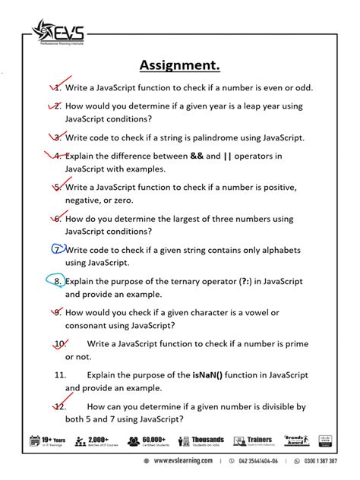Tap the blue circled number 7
[x=57, y=250]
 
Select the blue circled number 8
[x=57, y=281]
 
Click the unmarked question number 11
[x=60, y=375]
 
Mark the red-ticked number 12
[x=59, y=406]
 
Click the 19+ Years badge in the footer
[x=47, y=441]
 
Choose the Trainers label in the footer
[x=258, y=440]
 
